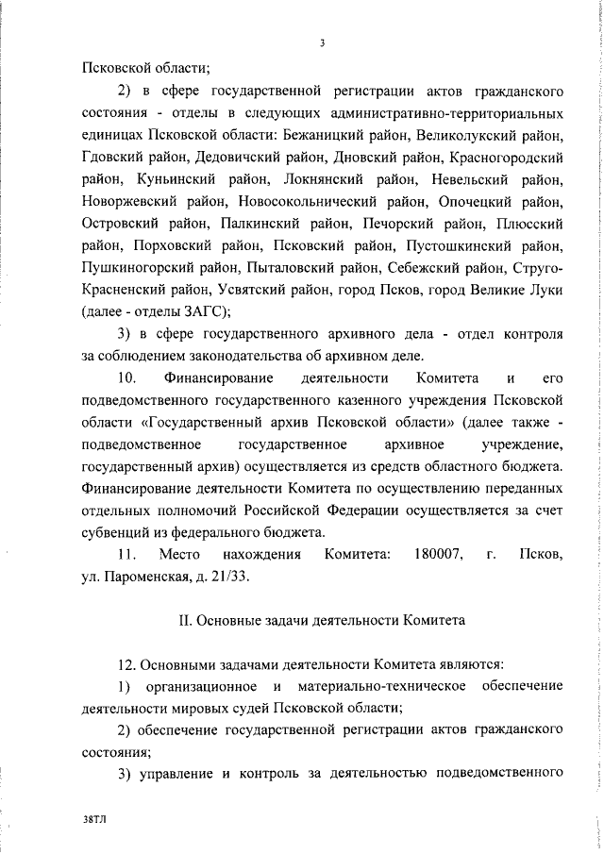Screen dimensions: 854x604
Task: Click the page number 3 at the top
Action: click(322, 42)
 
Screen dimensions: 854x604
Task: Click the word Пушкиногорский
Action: click(135, 268)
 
